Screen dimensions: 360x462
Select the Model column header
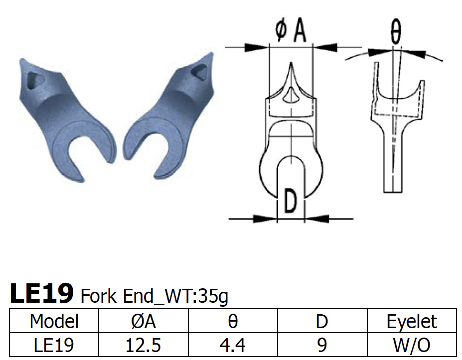pos(54,321)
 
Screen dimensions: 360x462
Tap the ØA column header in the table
pos(144,321)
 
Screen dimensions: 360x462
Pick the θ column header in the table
pos(233,321)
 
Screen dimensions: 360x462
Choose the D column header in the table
pos(322,321)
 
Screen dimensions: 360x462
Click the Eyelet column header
pos(412,321)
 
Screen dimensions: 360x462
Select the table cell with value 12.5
pos(144,345)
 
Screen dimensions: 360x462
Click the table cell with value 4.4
pos(233,345)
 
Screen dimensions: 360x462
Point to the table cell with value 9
pos(322,345)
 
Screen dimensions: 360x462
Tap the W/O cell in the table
pos(412,345)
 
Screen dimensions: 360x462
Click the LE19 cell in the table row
pos(54,345)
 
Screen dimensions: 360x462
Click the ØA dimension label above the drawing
pos(290,31)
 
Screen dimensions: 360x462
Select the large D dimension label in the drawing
pos(291,202)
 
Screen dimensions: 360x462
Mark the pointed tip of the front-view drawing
pos(291,64)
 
